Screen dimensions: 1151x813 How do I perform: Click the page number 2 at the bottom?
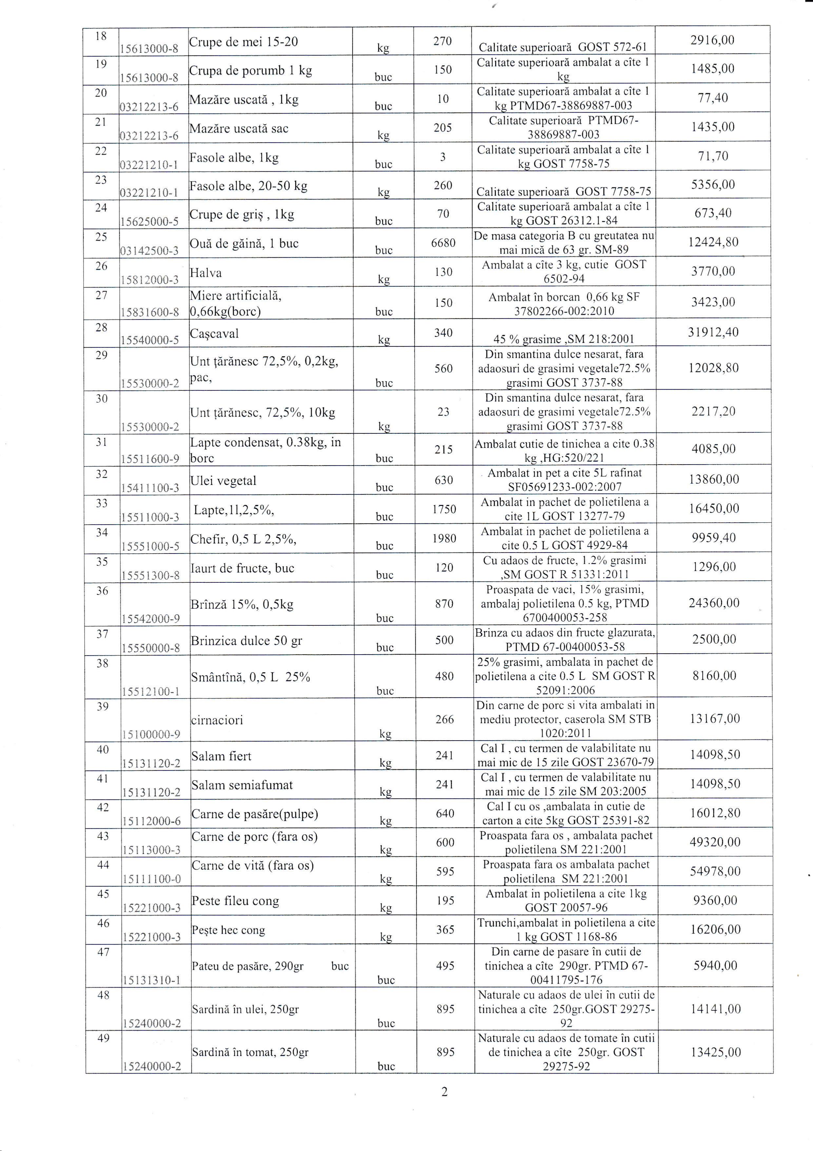coord(444,1092)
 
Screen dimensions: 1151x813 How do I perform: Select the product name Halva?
coord(206,273)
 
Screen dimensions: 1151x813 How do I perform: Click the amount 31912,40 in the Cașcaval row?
coord(713,332)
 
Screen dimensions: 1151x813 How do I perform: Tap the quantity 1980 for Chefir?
coord(444,538)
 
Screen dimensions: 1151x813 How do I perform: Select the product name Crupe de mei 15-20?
coord(244,42)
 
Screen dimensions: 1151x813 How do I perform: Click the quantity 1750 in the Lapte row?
coord(444,509)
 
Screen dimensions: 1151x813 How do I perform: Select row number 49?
coord(103,1038)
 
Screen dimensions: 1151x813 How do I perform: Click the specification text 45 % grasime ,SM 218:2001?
coord(564,339)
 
